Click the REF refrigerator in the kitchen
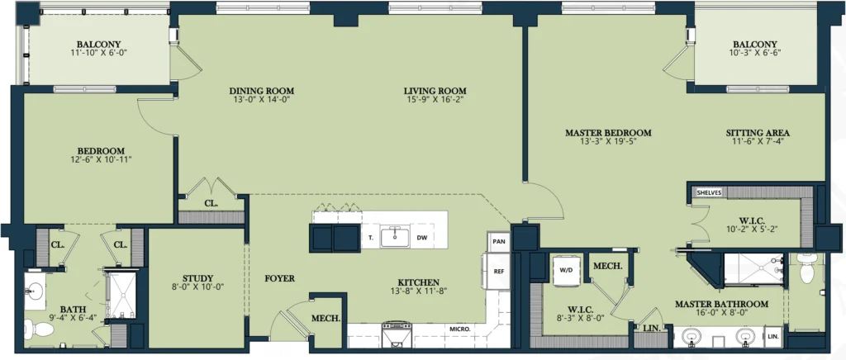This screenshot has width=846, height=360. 498,272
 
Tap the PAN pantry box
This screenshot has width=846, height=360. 497,242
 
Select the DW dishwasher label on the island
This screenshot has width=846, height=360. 421,237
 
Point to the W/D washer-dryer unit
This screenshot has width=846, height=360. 565,268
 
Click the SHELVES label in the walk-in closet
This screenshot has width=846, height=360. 708,192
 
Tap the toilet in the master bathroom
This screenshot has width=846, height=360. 806,268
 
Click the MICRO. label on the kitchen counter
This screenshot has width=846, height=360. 460,328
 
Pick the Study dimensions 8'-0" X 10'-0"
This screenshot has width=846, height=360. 193,287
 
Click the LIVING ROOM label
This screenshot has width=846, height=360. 435,91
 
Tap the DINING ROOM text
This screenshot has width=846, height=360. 262,91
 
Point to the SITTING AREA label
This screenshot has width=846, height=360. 758,133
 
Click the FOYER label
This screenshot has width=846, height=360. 279,278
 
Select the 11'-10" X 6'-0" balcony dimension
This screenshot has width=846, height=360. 98,53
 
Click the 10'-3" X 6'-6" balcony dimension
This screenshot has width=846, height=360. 755,53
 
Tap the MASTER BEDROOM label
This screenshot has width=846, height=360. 608,133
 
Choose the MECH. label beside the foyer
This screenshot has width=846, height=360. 326,318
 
